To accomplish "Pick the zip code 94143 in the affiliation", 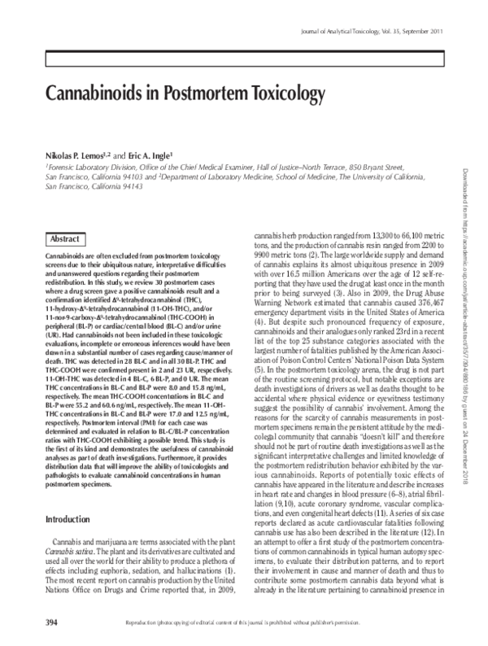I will pos(118,186).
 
